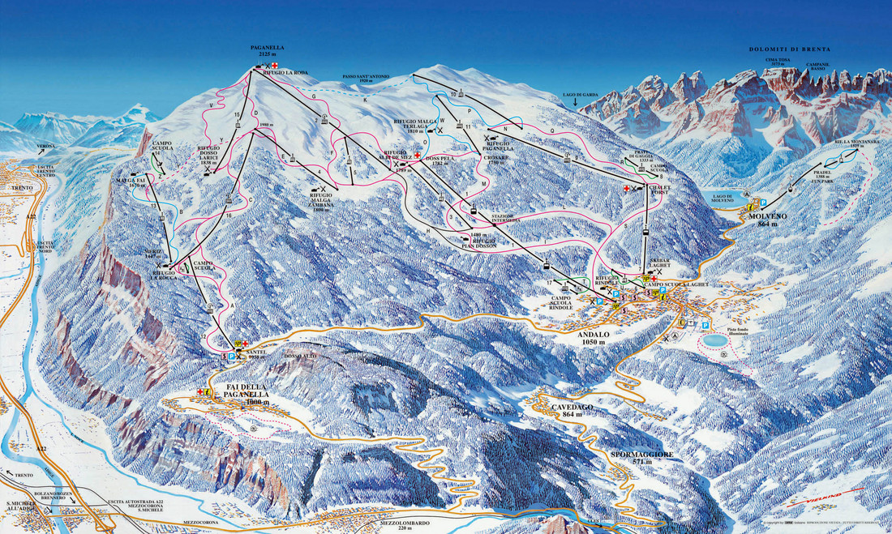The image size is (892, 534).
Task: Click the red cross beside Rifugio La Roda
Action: click(x=275, y=65)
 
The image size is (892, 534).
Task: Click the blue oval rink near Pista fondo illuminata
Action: click(x=714, y=341)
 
